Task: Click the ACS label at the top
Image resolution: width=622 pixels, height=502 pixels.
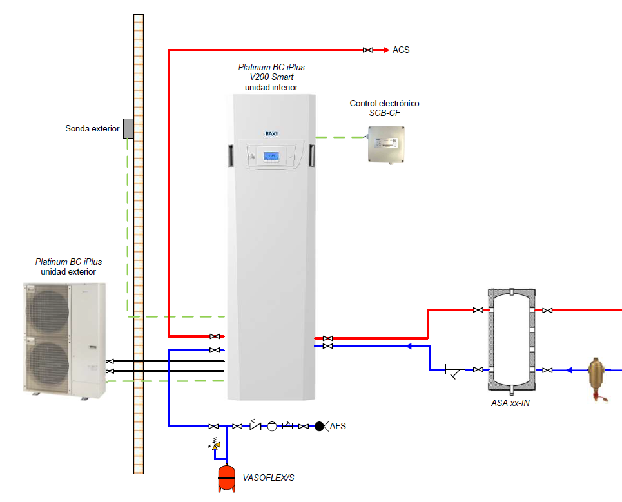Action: coord(401,50)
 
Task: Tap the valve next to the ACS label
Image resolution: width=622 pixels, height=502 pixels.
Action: coord(367,50)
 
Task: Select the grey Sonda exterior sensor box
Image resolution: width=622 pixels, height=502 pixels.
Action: coord(128,128)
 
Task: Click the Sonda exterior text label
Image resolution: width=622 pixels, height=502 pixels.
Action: coord(92,129)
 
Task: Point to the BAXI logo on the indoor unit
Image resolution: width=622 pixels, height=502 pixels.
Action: coord(271,133)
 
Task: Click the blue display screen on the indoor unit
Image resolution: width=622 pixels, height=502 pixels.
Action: coord(271,157)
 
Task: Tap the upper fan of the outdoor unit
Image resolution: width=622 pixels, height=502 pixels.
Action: coord(47,310)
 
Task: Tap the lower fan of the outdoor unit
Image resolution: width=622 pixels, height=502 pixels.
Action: coord(47,363)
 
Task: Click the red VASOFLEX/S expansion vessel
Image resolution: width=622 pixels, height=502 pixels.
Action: coord(226,477)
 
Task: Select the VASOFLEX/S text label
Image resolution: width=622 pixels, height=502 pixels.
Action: coord(269,478)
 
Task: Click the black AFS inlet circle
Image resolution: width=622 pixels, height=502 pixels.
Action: coord(319,426)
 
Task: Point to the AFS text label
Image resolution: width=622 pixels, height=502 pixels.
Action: coord(338,426)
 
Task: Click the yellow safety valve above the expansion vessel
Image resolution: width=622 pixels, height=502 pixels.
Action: coord(217,444)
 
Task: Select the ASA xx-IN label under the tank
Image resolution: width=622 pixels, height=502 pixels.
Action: coord(510,403)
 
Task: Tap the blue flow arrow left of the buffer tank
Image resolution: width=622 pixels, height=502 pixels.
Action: coord(409,347)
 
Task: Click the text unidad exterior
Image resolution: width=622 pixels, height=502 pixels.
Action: coord(68,272)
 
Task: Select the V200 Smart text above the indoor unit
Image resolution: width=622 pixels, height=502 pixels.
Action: coord(271,77)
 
